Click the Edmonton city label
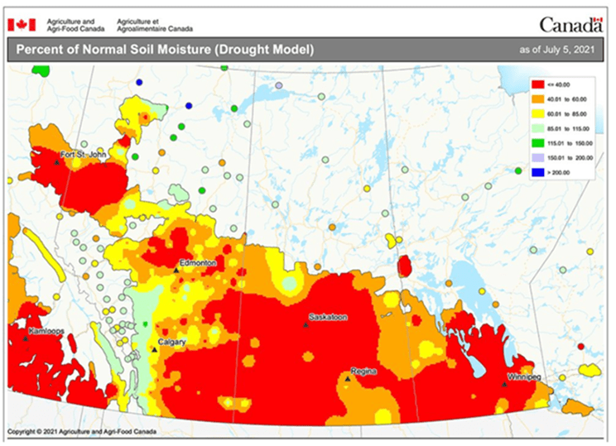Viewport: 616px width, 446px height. [x=199, y=263]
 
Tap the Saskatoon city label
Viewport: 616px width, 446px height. [x=327, y=317]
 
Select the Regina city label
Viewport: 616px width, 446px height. [x=363, y=372]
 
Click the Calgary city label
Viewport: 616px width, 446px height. [x=171, y=342]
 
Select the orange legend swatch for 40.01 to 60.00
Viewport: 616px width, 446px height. [x=539, y=99]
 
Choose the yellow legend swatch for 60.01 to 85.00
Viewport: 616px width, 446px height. [x=539, y=114]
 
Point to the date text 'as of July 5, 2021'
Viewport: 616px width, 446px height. [x=557, y=50]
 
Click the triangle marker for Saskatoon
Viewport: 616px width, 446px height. [x=306, y=325]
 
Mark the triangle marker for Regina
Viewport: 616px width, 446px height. [x=347, y=379]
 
